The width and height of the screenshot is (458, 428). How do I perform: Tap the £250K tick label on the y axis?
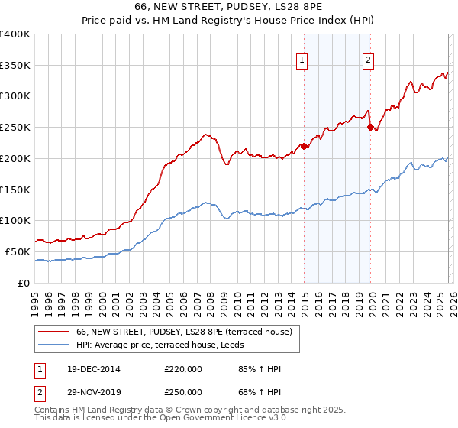[15, 128]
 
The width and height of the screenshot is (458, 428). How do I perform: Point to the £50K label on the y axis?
[18, 251]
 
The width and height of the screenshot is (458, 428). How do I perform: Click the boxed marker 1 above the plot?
[302, 60]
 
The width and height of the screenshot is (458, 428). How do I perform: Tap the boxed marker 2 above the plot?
[368, 60]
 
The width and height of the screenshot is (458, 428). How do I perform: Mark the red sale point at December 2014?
[304, 146]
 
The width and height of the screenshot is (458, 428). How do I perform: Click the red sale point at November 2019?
[370, 128]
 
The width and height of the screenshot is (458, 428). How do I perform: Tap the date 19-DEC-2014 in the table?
[89, 369]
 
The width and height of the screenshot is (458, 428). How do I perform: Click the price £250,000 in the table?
[183, 391]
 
